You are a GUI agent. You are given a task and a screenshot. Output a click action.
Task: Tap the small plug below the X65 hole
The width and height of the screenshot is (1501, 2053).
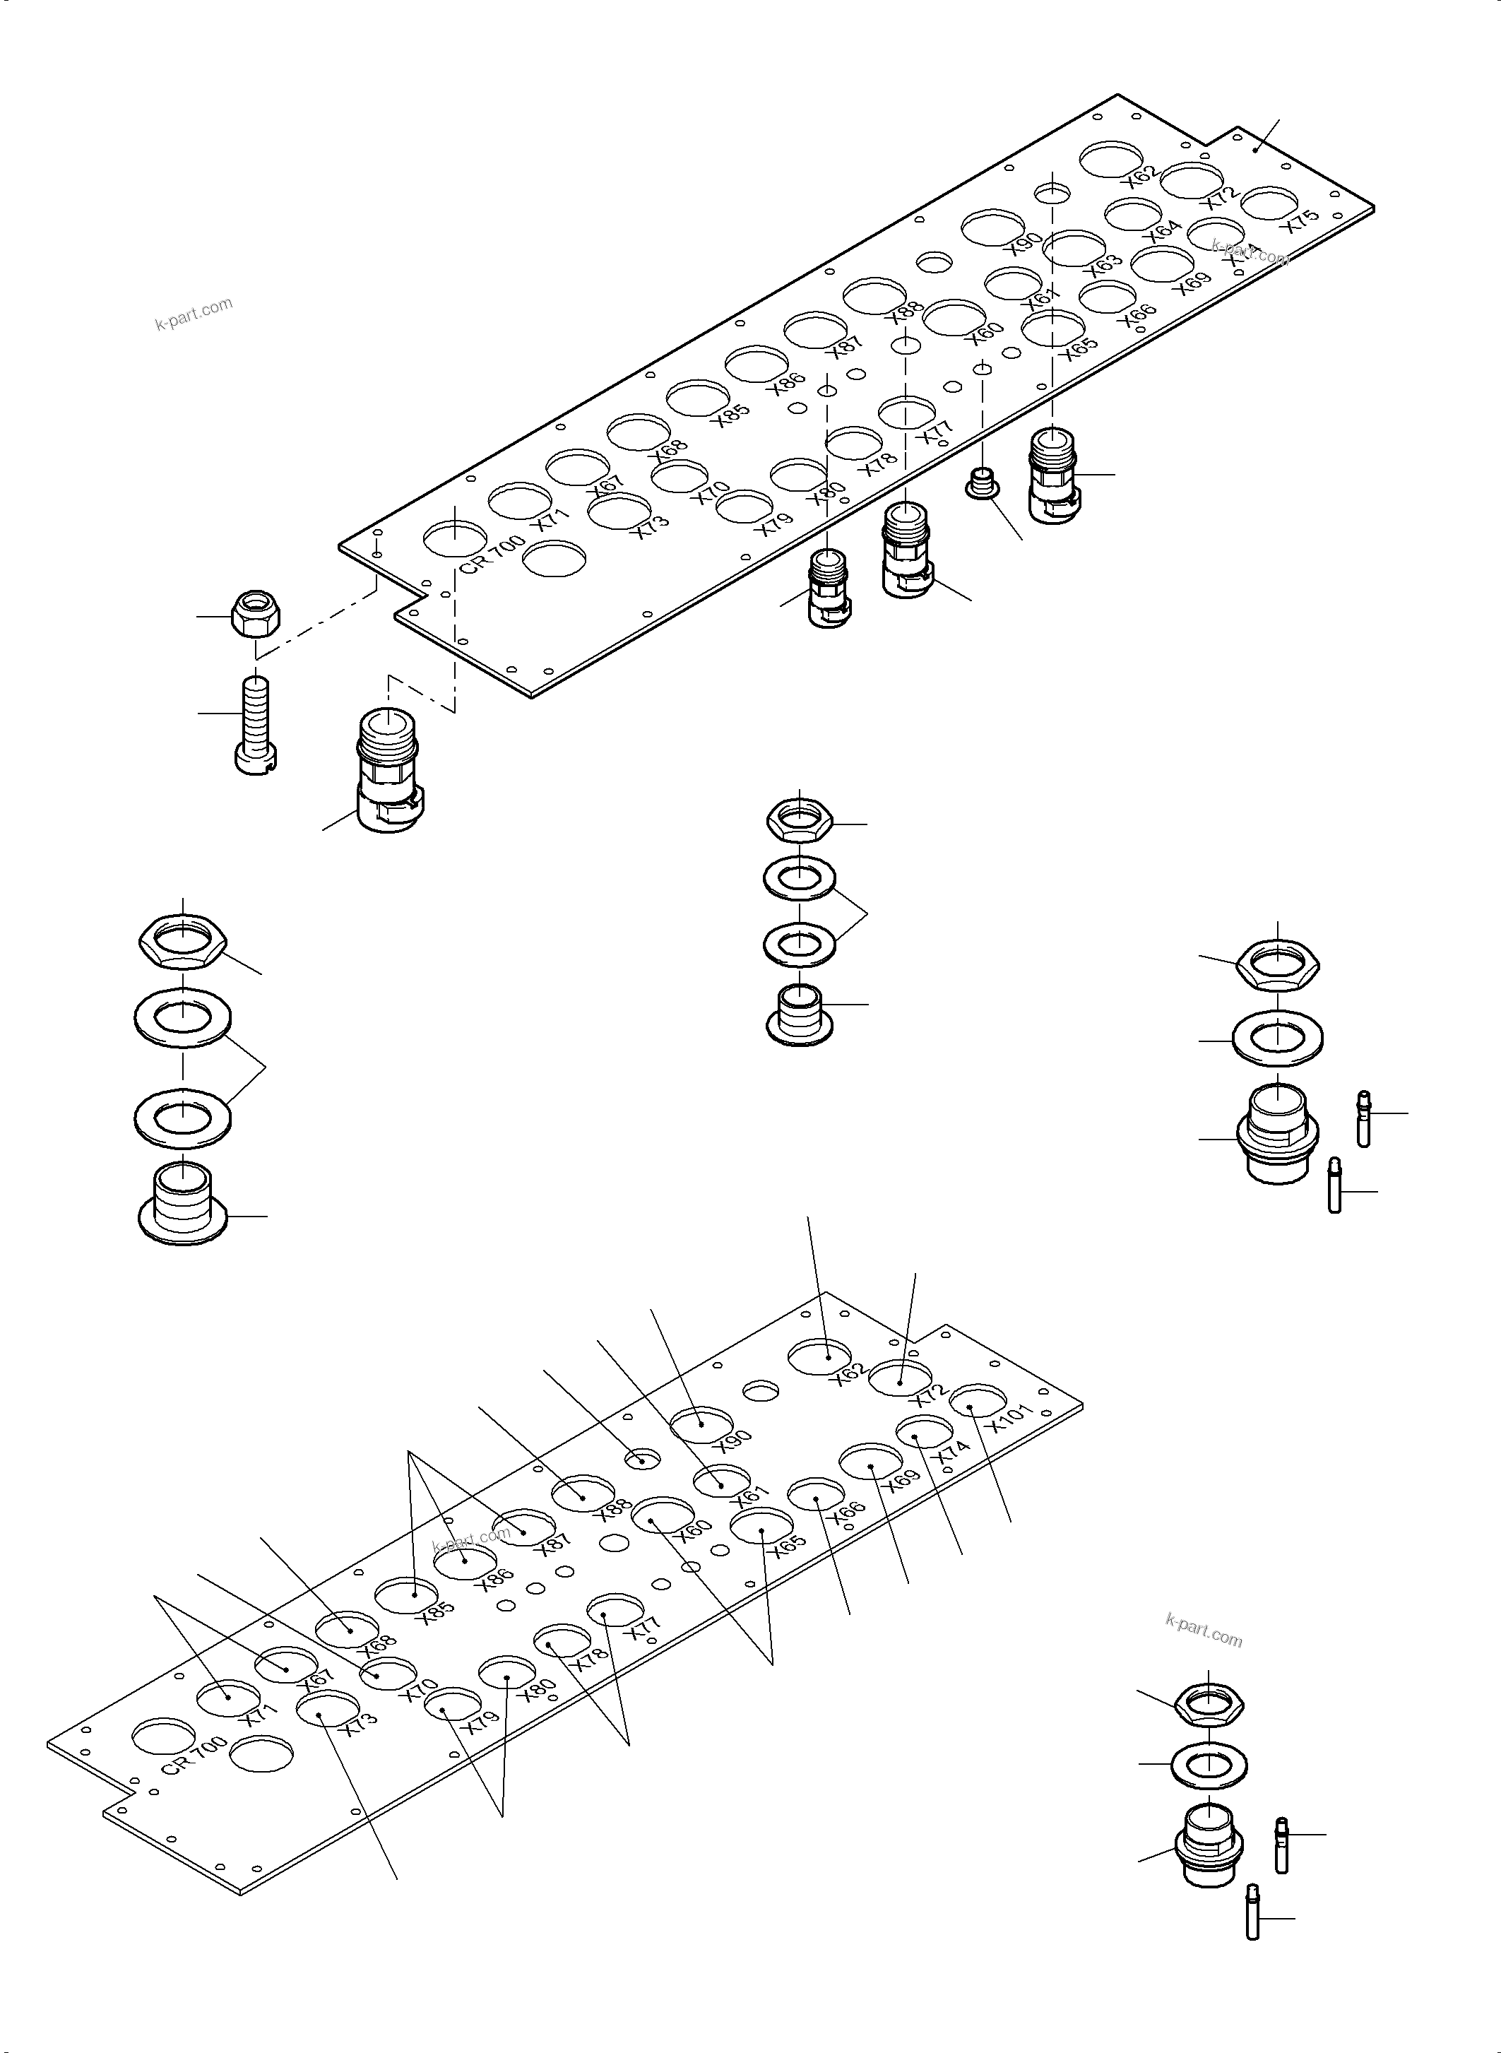click(983, 483)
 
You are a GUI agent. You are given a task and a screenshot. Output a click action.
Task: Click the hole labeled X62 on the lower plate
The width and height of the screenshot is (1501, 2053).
click(819, 1358)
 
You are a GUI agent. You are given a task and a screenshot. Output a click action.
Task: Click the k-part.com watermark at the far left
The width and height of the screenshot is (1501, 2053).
click(194, 314)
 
